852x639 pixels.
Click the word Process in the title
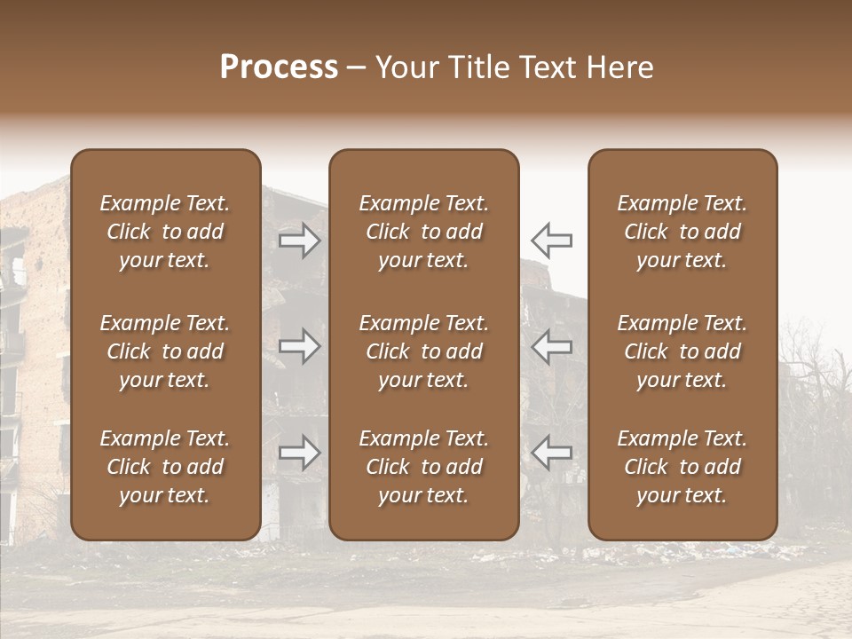coord(279,67)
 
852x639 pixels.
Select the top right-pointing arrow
coord(299,240)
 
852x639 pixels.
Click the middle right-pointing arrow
coord(299,346)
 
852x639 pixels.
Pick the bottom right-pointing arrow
coord(299,453)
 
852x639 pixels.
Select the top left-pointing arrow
coord(552,240)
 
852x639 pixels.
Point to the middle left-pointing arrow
coord(552,346)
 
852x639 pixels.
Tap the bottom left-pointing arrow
coord(552,453)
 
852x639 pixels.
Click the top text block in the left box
coord(165,232)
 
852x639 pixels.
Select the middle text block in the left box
coord(165,351)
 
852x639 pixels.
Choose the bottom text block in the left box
coord(165,467)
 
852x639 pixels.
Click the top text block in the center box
coord(423,232)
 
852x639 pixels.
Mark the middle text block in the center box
coord(423,351)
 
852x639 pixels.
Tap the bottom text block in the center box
coord(423,467)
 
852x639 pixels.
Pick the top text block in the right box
coord(682,232)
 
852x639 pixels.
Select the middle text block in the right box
coord(682,351)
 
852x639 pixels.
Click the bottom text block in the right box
coord(682,467)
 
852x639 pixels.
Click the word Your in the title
coord(408,67)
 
